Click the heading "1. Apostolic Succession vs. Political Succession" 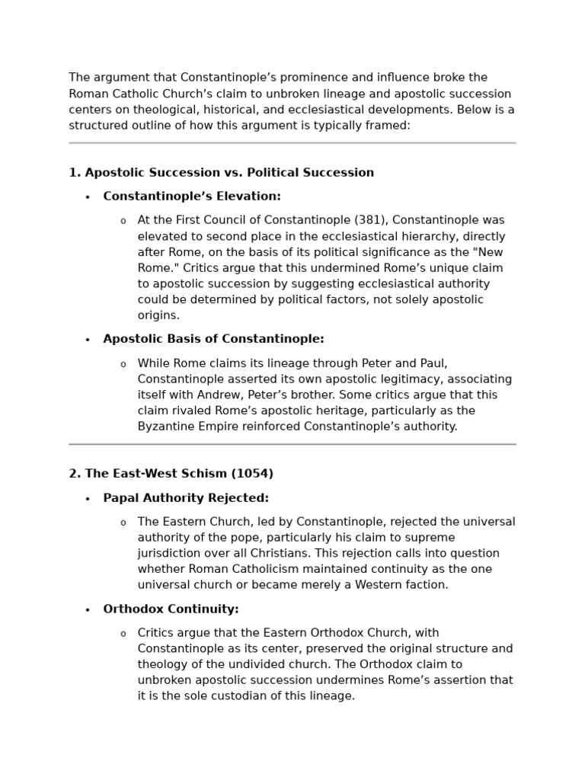pos(221,173)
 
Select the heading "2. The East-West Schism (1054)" pos(171,474)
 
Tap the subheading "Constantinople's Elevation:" pos(192,197)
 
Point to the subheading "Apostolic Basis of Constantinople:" pos(213,339)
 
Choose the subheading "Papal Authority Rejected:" pos(186,498)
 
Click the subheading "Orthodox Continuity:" pos(171,609)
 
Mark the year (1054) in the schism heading pos(254,474)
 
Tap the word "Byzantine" pos(165,427)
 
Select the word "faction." pos(424,585)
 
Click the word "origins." pos(158,315)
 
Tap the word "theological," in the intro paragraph pos(152,110)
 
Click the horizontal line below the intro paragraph pos(292,143)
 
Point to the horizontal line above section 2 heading pos(292,444)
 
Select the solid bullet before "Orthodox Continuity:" pos(88,610)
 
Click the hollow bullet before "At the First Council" pos(123,221)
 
